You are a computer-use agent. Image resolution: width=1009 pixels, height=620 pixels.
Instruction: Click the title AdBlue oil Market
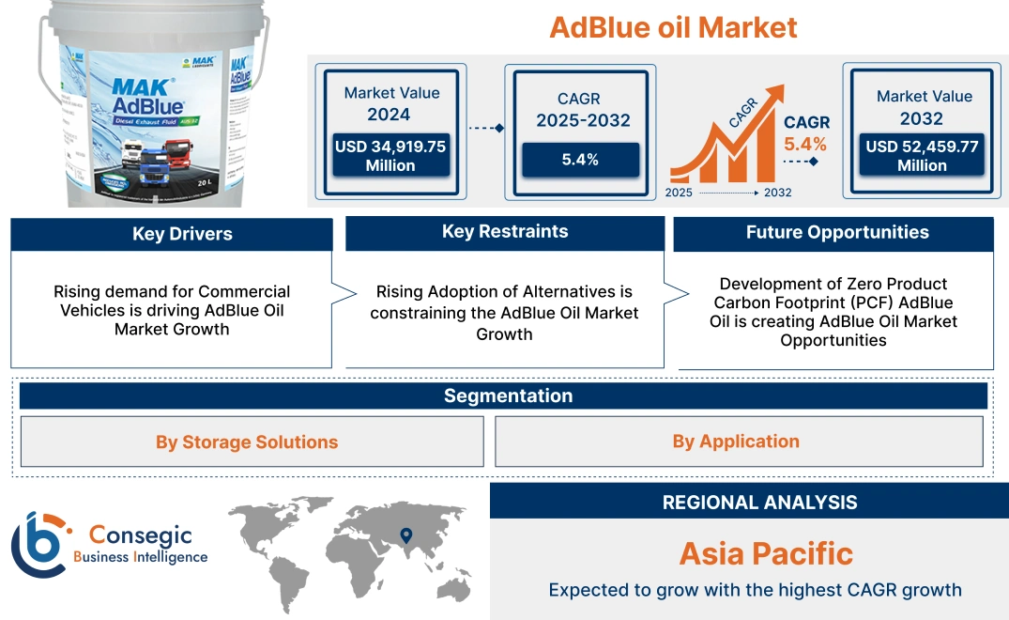tap(673, 27)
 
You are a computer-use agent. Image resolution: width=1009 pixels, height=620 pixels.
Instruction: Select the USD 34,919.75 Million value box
tap(390, 156)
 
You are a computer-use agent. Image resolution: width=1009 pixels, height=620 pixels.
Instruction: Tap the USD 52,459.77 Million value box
tap(922, 156)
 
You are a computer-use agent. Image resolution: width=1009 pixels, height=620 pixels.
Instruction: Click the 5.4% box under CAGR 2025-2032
tap(580, 160)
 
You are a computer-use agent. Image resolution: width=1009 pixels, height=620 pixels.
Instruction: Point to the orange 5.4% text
tap(805, 144)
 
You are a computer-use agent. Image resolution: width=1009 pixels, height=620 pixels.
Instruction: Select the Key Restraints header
tap(505, 232)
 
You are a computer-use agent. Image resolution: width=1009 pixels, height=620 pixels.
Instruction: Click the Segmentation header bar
tap(508, 395)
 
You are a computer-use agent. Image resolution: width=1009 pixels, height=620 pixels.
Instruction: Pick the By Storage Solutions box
tap(247, 442)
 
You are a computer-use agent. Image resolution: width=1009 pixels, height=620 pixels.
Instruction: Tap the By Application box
tap(736, 442)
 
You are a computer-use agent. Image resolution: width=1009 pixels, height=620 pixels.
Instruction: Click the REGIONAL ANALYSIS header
tap(759, 503)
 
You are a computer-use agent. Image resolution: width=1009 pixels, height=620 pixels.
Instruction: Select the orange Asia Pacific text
tap(766, 553)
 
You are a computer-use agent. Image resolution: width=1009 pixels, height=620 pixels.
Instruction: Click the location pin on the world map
tap(405, 536)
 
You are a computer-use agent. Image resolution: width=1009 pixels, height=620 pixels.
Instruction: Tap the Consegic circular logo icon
tap(37, 545)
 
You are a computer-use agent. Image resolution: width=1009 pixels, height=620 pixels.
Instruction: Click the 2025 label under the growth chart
tap(679, 193)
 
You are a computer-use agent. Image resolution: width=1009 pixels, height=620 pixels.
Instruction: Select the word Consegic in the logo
tap(140, 535)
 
